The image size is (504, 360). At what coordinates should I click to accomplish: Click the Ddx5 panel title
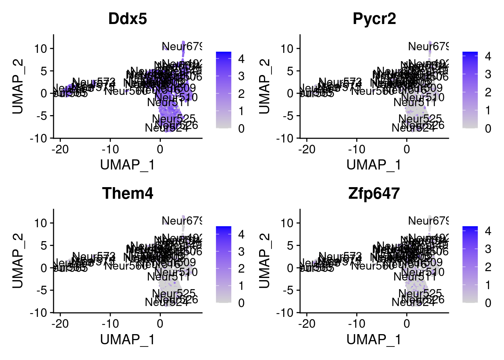tap(127, 19)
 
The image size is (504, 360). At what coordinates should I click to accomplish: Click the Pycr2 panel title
tap(374, 19)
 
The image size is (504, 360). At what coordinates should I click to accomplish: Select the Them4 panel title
tap(127, 193)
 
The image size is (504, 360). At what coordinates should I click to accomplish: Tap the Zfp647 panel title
tap(374, 193)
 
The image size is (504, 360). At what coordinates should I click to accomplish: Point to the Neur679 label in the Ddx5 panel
tap(182, 46)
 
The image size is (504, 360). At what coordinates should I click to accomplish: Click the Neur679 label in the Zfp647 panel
tap(428, 221)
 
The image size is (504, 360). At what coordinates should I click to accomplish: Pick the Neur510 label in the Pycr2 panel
tap(423, 97)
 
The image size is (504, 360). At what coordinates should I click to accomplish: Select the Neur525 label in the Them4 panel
tap(174, 293)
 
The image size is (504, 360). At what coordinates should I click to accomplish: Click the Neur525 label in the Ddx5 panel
tap(174, 119)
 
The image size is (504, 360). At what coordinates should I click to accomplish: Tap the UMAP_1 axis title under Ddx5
tap(127, 165)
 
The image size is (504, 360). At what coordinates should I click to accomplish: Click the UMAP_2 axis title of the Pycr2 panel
tap(264, 86)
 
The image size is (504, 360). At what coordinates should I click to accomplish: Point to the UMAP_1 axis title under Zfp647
tap(374, 339)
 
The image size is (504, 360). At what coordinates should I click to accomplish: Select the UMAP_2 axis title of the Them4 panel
tap(18, 261)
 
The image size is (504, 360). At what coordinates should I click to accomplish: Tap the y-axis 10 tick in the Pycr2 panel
tap(288, 48)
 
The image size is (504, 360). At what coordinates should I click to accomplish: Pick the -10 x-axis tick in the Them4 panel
tap(110, 324)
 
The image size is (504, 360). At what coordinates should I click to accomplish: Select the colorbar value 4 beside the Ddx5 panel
tap(241, 59)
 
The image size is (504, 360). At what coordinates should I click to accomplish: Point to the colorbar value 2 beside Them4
tap(241, 268)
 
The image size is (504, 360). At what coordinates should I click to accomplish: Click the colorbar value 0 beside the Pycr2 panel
tap(487, 129)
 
